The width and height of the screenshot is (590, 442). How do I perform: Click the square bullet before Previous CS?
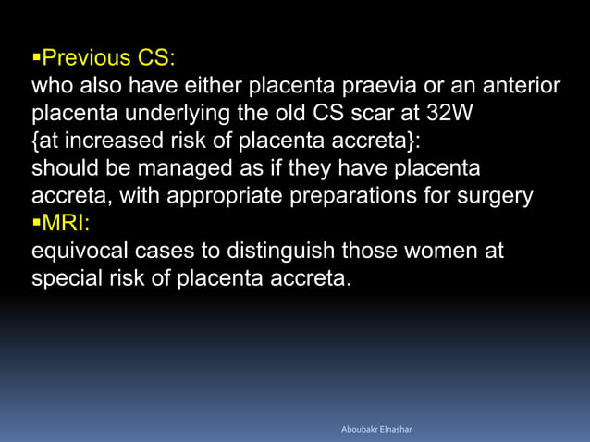pos(36,59)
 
